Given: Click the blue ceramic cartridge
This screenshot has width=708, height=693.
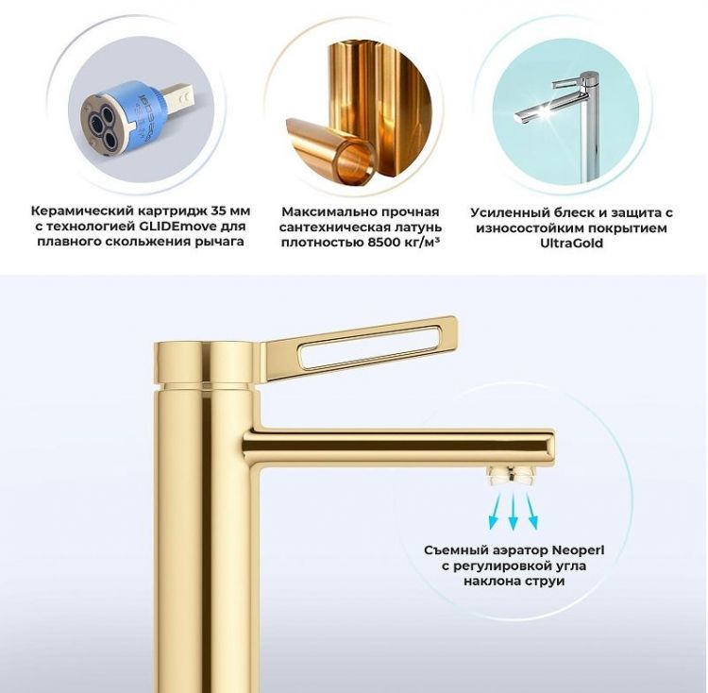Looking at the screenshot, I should (x=113, y=117).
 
